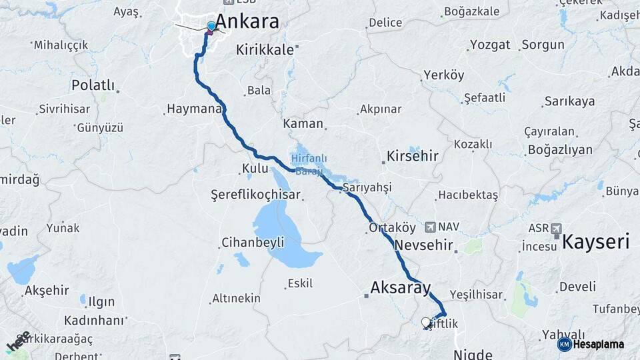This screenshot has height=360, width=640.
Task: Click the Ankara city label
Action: click(248, 21)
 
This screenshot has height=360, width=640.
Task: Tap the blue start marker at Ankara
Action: click(211, 27)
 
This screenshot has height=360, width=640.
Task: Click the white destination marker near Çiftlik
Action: click(426, 323)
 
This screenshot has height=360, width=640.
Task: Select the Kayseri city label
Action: click(596, 241)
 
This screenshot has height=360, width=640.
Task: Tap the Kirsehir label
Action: click(412, 157)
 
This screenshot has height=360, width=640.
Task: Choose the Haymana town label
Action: click(193, 109)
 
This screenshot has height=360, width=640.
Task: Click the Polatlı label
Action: click(93, 85)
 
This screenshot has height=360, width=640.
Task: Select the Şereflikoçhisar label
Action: click(255, 195)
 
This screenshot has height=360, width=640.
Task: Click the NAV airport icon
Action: click(430, 227)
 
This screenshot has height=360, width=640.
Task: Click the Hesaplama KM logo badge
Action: click(565, 344)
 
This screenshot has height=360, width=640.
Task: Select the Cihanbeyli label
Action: click(253, 241)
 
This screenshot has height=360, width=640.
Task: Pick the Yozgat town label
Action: click(490, 45)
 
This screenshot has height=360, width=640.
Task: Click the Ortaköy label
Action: click(392, 227)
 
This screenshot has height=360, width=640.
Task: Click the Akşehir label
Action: click(47, 290)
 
